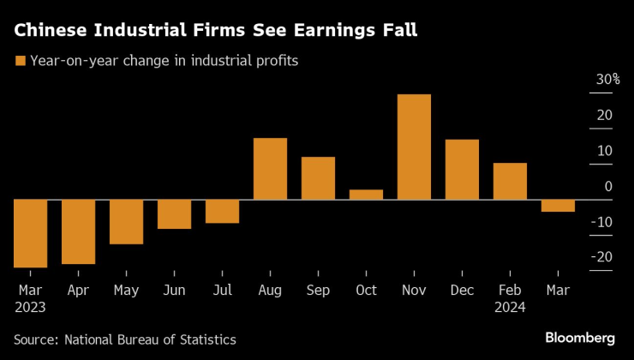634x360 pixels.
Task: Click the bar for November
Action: (x=414, y=147)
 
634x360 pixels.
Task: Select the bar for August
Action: (x=270, y=169)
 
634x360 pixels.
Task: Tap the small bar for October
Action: (x=366, y=195)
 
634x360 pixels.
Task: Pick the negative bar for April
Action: (x=78, y=231)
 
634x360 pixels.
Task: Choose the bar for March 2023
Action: (x=30, y=233)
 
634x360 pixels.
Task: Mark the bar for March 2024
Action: (x=558, y=206)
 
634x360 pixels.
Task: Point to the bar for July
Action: (x=222, y=211)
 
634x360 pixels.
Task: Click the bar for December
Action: (x=462, y=170)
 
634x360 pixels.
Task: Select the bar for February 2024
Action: (x=510, y=181)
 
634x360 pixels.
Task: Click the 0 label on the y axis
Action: (x=607, y=186)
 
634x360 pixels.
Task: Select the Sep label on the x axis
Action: (x=318, y=290)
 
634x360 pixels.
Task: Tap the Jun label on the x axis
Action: (x=174, y=290)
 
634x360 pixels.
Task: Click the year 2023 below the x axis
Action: (x=30, y=307)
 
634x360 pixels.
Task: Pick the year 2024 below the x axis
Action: (x=510, y=307)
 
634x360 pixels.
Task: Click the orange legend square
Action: (x=19, y=61)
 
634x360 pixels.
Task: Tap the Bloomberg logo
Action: (x=580, y=337)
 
